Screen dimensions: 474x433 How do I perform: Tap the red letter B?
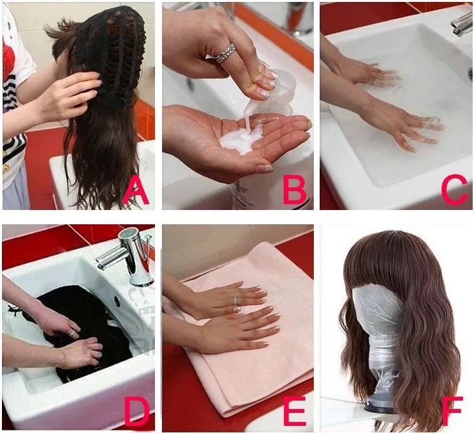point(294,190)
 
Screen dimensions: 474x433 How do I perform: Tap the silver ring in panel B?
point(226,54)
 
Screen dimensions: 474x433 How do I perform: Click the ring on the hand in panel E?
point(235,301)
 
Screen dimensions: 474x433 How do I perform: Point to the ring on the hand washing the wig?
point(73,333)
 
